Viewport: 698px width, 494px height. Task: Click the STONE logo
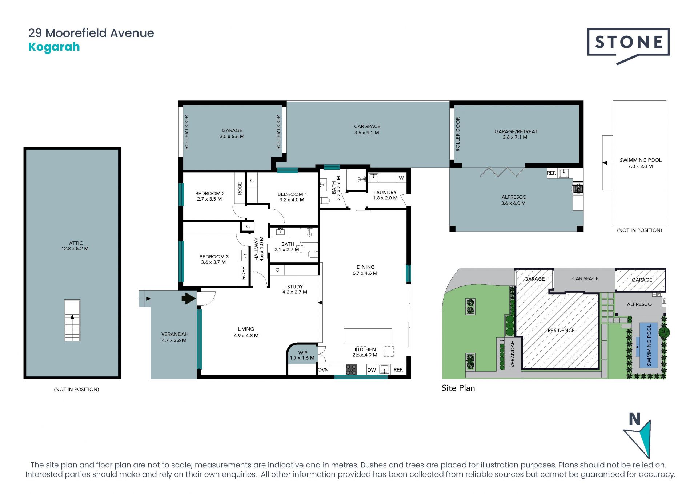coord(628,46)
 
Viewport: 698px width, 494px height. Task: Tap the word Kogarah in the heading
coord(54,47)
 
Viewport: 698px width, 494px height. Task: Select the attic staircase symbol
coord(72,320)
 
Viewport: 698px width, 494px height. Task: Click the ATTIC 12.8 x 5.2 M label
coord(75,246)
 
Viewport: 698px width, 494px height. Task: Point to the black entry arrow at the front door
coord(189,299)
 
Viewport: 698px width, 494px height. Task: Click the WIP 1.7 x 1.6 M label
coord(302,355)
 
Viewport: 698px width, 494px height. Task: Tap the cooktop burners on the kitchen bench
coord(351,369)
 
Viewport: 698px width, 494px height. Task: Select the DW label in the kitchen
coord(372,370)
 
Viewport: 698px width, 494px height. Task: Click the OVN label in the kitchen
coord(323,370)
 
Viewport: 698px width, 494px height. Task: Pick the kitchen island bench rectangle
coord(368,336)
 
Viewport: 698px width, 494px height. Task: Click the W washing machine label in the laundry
coord(401,178)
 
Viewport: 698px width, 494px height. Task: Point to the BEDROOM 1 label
coord(292,197)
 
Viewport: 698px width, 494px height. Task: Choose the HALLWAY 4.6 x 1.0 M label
coord(259,249)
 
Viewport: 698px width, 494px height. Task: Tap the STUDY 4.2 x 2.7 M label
coord(295,289)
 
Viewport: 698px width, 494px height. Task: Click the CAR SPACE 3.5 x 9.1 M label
coord(367,130)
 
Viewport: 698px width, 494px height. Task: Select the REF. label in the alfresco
coord(551,173)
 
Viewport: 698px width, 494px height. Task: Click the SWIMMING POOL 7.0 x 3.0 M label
coord(641,163)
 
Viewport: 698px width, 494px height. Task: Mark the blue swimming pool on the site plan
coord(649,345)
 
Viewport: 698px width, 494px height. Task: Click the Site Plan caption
coord(458,388)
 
